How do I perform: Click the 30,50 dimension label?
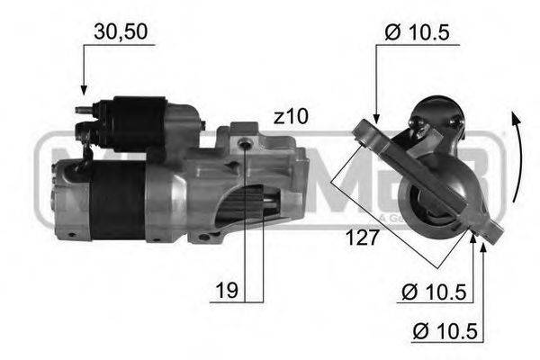pyautogui.click(x=121, y=31)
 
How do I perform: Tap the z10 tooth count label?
pyautogui.click(x=292, y=116)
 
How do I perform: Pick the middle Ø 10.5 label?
pyautogui.click(x=435, y=292)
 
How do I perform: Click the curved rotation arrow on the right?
pyautogui.click(x=515, y=157)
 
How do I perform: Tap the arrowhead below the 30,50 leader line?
pyautogui.click(x=83, y=90)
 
